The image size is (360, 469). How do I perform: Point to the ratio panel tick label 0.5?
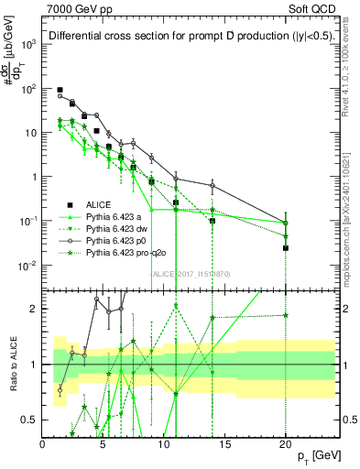pyautogui.click(x=29, y=420)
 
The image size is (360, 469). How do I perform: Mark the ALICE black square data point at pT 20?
pyautogui.click(x=286, y=247)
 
